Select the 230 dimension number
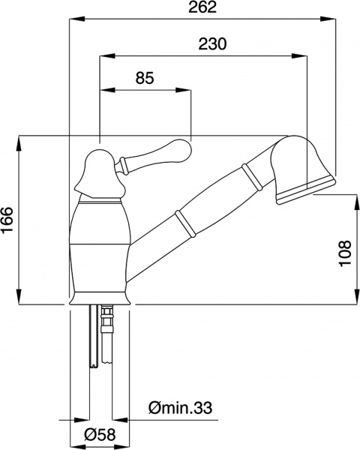pos(213,43)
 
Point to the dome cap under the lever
pos(100,176)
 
